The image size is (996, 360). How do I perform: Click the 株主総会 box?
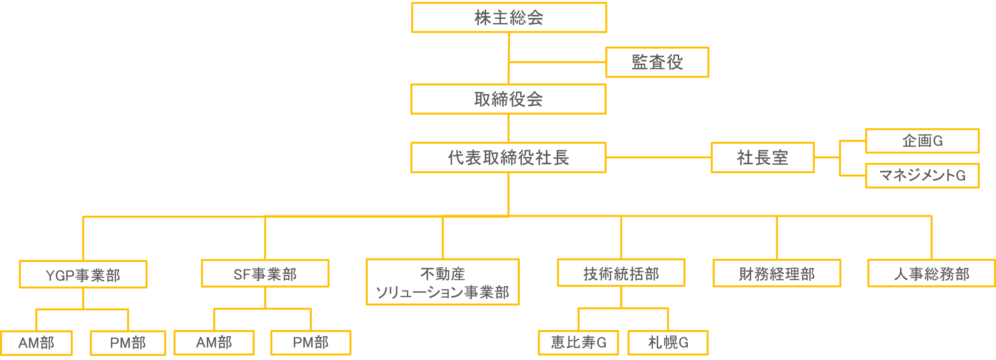click(x=509, y=18)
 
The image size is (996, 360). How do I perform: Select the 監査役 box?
click(x=657, y=62)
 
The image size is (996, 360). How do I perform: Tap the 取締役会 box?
click(x=509, y=99)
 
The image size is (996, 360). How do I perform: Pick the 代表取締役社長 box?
click(x=509, y=158)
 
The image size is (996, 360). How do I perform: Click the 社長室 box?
click(x=763, y=158)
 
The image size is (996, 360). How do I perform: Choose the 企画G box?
click(x=922, y=141)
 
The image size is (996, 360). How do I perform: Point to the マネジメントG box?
click(x=922, y=176)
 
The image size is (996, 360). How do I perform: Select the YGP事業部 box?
click(x=83, y=274)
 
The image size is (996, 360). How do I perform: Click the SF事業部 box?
click(x=265, y=274)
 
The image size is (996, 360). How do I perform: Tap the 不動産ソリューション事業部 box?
click(x=443, y=282)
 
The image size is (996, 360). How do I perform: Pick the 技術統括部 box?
click(x=621, y=273)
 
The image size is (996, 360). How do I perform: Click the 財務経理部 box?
click(x=777, y=273)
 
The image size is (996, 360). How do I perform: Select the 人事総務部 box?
click(x=931, y=273)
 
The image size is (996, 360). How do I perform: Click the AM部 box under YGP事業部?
click(x=36, y=343)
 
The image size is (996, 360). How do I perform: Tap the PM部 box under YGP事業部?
click(x=128, y=343)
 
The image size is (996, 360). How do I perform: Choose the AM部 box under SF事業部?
click(x=214, y=343)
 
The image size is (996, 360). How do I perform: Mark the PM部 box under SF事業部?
click(x=311, y=343)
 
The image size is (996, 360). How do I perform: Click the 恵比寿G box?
click(x=579, y=343)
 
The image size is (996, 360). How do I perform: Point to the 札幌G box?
click(x=668, y=343)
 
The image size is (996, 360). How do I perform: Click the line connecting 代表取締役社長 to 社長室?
click(x=659, y=158)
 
